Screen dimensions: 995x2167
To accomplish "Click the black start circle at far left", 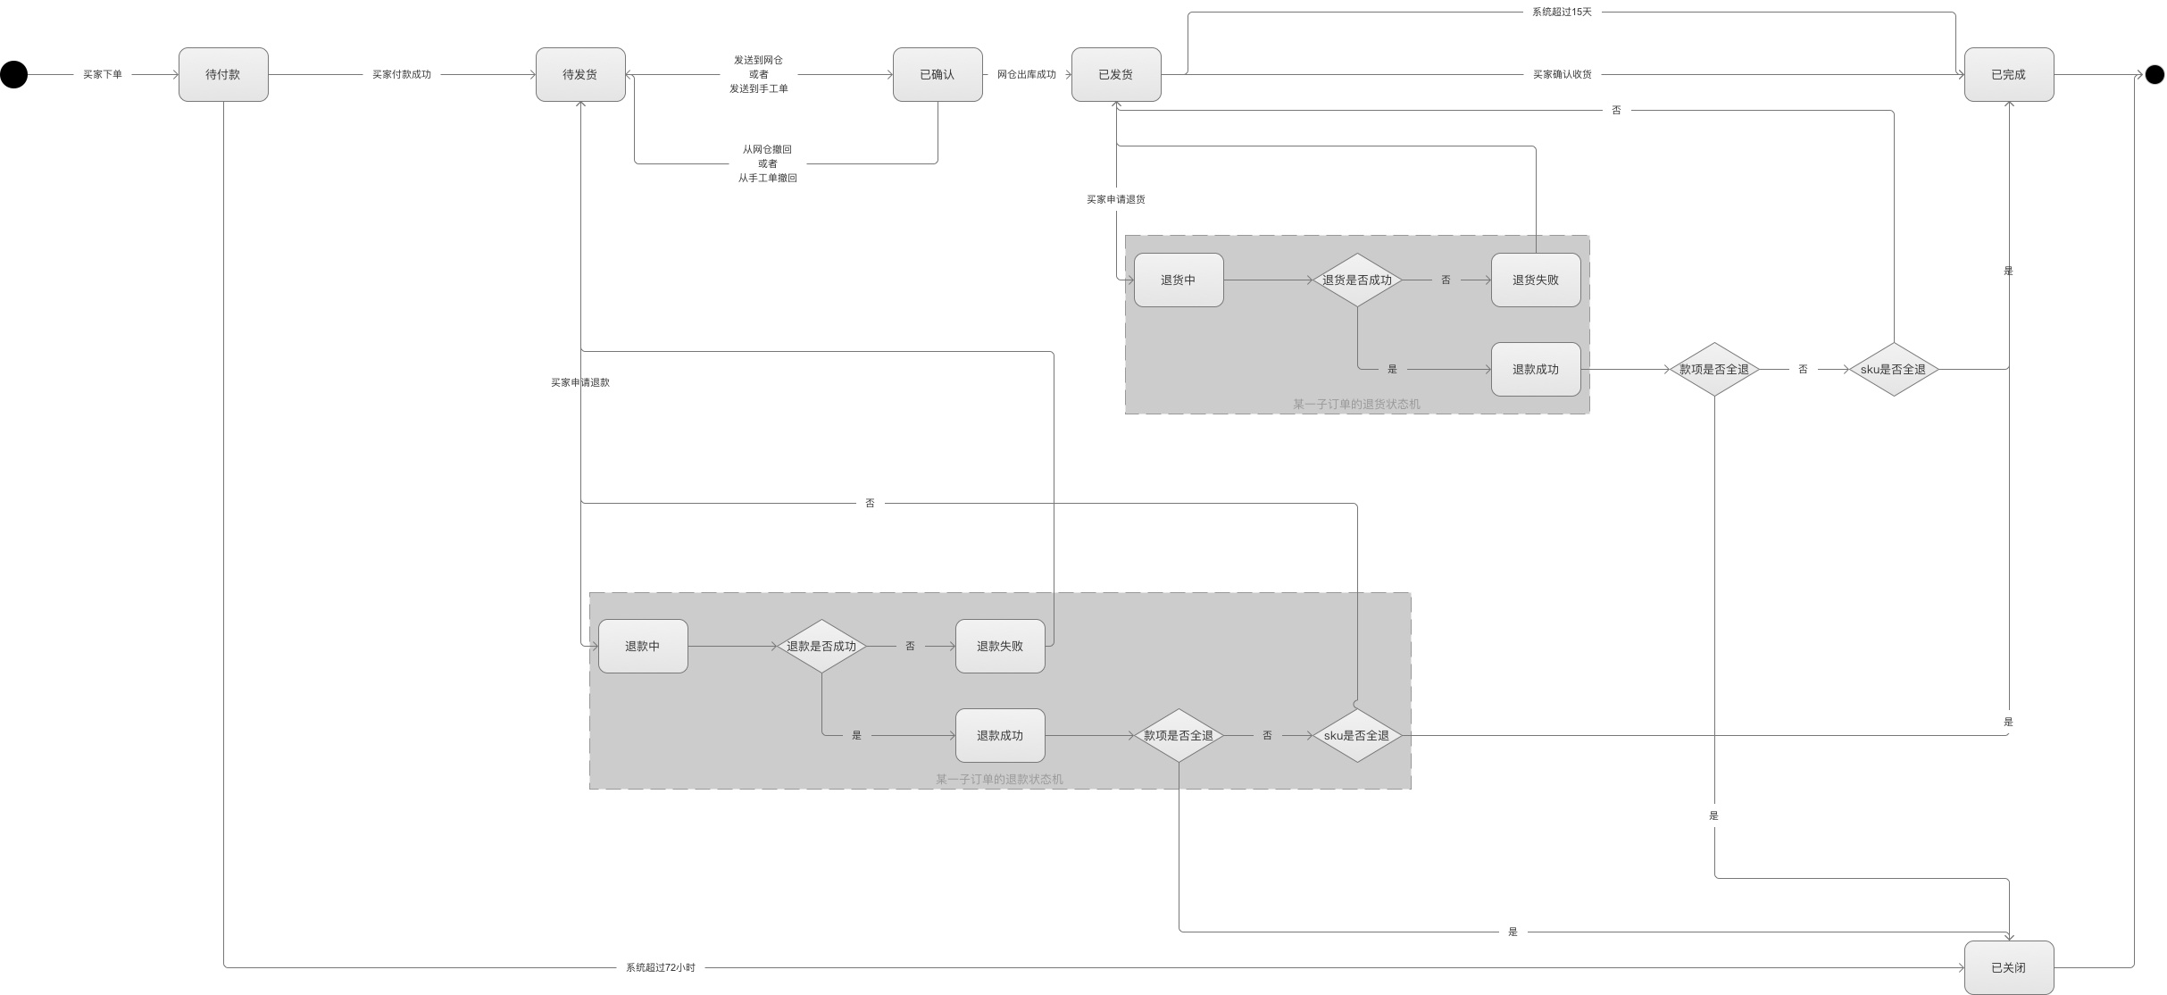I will [x=13, y=75].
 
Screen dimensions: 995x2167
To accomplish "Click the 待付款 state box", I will [x=223, y=75].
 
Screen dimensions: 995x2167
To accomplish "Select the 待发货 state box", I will [x=580, y=75].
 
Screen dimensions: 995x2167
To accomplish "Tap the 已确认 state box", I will [x=938, y=75].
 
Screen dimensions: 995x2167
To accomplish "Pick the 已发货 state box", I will [x=1116, y=75].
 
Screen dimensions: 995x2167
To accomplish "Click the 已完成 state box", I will [x=2008, y=75].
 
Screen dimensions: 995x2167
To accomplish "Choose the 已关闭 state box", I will [x=2008, y=967].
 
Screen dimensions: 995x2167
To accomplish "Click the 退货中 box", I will [x=1179, y=280].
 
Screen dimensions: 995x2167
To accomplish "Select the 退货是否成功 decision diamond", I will [x=1357, y=280].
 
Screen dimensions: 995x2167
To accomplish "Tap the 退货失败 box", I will [x=1536, y=280].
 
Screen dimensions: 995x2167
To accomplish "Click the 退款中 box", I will [x=643, y=647].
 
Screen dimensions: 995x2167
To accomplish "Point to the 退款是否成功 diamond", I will [x=821, y=647].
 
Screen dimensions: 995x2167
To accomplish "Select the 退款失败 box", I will [x=1000, y=647].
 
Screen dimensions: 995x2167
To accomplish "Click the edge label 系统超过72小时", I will [x=660, y=967].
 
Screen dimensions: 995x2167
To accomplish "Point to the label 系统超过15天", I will [x=1562, y=13].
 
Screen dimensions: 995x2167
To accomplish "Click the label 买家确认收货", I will [x=1562, y=75].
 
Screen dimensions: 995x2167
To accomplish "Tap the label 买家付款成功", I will [x=402, y=75].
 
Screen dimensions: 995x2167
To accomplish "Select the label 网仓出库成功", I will [x=1027, y=75].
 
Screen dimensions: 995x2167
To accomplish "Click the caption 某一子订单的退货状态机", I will [x=1356, y=405].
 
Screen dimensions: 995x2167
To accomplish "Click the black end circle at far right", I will [x=2154, y=75].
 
